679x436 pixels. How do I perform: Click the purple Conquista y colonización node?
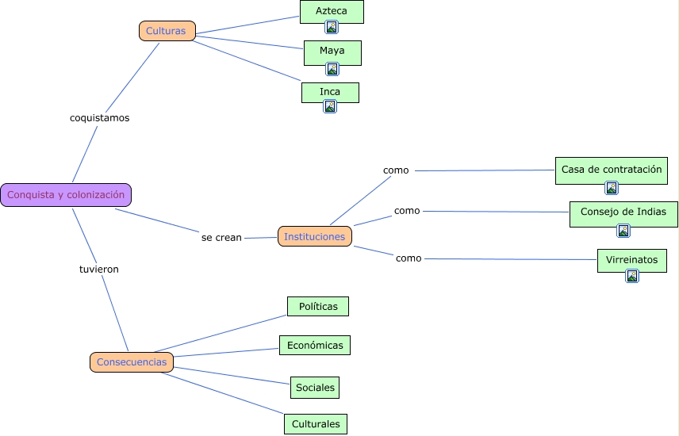click(x=66, y=195)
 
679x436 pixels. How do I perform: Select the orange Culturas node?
click(x=167, y=31)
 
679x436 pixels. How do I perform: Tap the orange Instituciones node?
click(x=315, y=236)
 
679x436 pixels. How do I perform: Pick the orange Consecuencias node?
click(x=132, y=362)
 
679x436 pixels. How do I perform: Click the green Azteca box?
click(x=332, y=12)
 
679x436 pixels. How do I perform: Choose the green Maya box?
click(x=332, y=53)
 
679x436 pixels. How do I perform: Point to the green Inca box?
click(x=330, y=93)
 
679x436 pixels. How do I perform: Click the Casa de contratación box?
click(x=612, y=170)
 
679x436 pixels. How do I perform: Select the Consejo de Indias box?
click(x=623, y=214)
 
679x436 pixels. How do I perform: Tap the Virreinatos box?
click(x=631, y=261)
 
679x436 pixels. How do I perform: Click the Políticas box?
click(x=318, y=307)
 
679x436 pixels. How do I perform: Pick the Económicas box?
click(x=315, y=345)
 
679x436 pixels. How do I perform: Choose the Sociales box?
click(x=315, y=388)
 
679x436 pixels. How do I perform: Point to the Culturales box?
click(x=316, y=424)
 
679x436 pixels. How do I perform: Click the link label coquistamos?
click(x=100, y=118)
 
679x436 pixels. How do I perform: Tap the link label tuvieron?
click(x=98, y=270)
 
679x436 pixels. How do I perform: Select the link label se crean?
click(x=221, y=238)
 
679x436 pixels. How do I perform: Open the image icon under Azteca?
click(x=332, y=27)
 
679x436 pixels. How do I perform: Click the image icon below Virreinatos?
click(x=632, y=276)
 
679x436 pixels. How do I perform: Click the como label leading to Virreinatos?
click(x=409, y=258)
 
